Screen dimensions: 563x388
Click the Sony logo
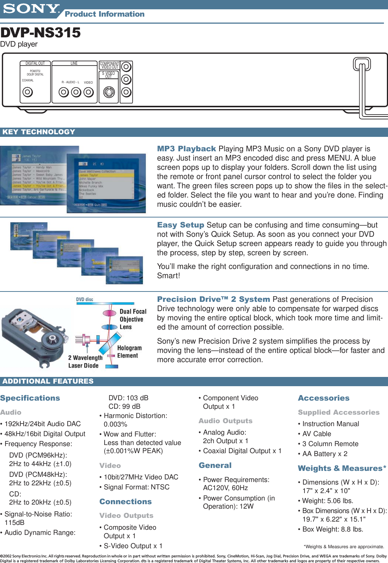(x=31, y=9)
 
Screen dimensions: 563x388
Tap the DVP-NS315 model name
(x=40, y=33)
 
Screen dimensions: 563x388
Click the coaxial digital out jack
(x=28, y=92)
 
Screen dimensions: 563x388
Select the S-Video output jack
(x=109, y=92)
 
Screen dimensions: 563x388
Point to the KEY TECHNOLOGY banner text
(x=39, y=132)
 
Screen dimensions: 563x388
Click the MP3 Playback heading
(x=186, y=149)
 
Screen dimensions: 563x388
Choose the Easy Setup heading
(x=180, y=225)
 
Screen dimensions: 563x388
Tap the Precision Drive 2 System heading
(x=213, y=299)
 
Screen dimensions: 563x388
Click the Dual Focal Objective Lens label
(x=132, y=319)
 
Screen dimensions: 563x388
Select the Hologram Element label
(x=129, y=352)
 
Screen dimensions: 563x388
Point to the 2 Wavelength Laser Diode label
(x=85, y=362)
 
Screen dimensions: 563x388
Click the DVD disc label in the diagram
(x=85, y=299)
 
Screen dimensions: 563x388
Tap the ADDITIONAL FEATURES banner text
(x=48, y=381)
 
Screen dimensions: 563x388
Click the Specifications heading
(x=30, y=398)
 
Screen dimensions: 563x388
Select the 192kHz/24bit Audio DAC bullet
(x=42, y=424)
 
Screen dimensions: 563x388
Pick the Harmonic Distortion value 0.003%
(x=115, y=424)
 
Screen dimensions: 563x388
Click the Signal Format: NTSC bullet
(x=136, y=487)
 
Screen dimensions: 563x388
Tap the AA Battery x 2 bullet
(x=324, y=454)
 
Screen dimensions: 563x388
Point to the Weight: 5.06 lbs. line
(x=327, y=501)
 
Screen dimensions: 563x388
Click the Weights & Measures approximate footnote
(x=344, y=547)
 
